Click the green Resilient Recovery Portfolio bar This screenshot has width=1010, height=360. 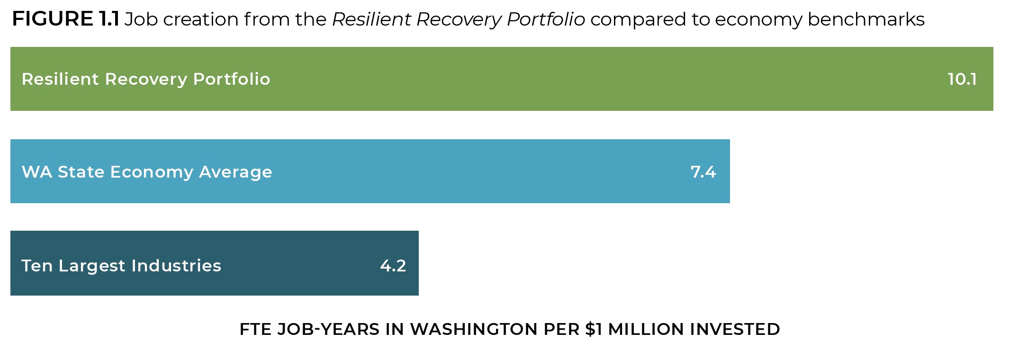[x=568, y=79]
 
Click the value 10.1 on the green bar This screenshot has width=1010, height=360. [x=962, y=79]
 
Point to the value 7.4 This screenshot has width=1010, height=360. [x=703, y=171]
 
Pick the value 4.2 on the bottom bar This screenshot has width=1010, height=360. [x=393, y=265]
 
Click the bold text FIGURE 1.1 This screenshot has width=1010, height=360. [x=65, y=19]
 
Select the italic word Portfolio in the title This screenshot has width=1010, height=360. [x=546, y=19]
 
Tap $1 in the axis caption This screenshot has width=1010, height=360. [x=594, y=329]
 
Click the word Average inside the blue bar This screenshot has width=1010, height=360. [x=235, y=172]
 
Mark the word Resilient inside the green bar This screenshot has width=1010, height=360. [x=60, y=79]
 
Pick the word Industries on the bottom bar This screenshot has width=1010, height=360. [x=176, y=265]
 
